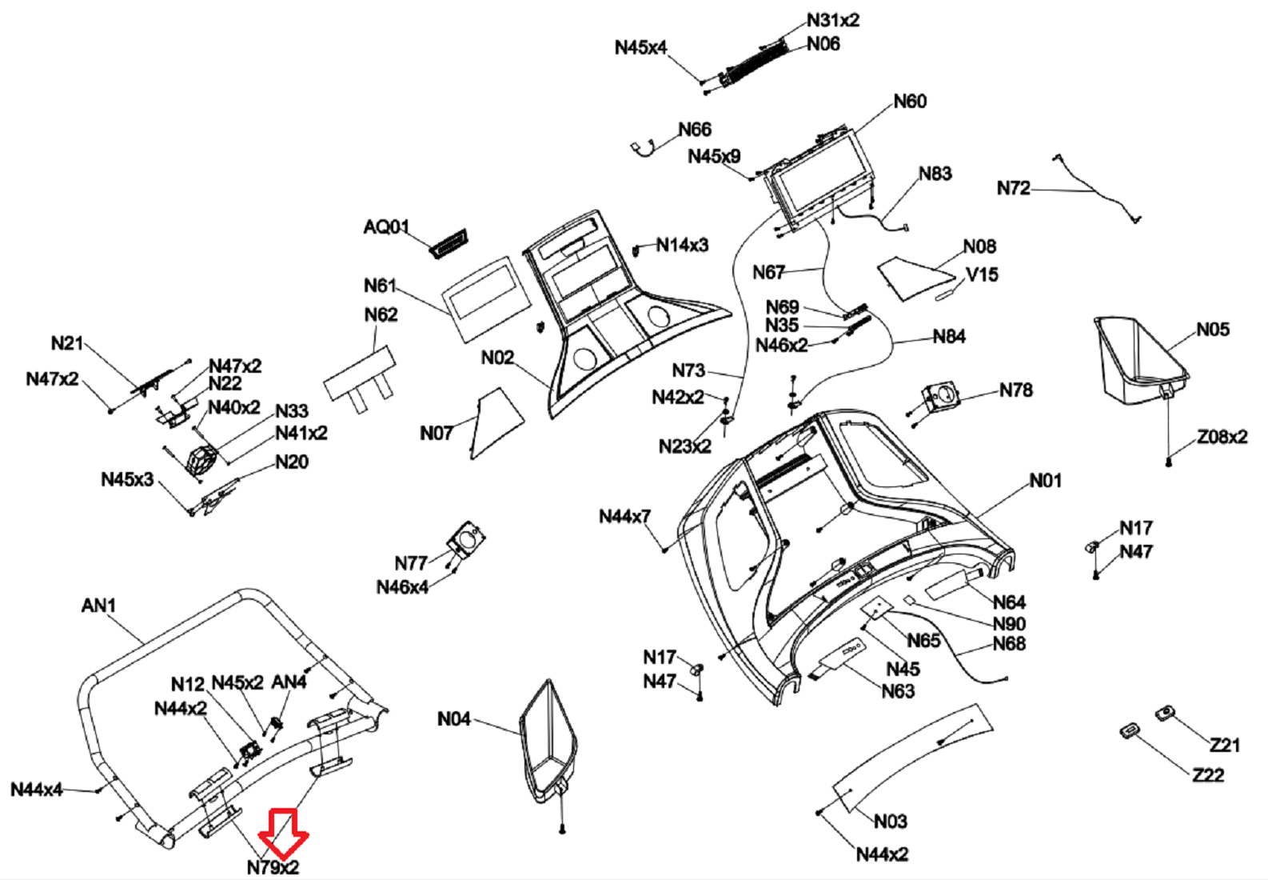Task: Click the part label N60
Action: [910, 102]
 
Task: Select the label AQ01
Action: [386, 227]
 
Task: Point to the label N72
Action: [1013, 189]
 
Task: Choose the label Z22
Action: [1207, 775]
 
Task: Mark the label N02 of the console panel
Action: [497, 358]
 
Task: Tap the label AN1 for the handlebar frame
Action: [98, 606]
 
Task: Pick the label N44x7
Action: [624, 517]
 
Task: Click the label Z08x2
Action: [1222, 437]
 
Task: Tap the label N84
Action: [949, 337]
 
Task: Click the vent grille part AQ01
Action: [449, 242]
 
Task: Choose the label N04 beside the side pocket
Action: [453, 719]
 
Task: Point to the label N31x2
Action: [832, 20]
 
